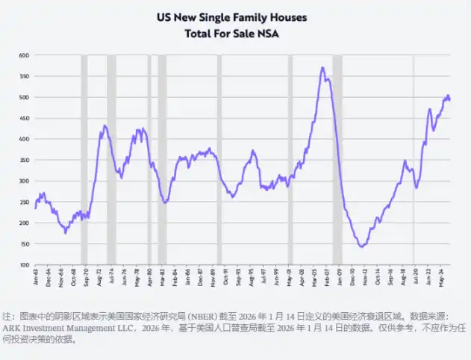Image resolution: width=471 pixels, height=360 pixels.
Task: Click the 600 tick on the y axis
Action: (x=23, y=55)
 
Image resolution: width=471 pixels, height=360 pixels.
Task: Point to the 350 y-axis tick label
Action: (x=23, y=160)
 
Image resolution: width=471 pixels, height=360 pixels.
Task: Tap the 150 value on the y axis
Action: (x=23, y=243)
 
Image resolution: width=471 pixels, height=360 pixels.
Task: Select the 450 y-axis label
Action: (x=23, y=118)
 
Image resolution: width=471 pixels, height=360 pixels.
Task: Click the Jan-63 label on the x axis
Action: (x=35, y=278)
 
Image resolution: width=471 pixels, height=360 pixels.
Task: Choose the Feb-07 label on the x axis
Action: (x=329, y=278)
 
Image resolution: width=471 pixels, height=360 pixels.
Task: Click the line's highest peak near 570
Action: (x=322, y=68)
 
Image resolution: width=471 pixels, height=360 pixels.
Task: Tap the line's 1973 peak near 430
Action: (x=105, y=125)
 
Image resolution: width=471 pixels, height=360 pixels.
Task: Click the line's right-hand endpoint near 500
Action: (x=449, y=99)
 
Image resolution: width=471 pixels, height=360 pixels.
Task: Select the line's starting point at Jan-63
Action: (x=35, y=208)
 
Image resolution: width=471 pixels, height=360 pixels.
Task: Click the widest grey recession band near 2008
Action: (x=337, y=160)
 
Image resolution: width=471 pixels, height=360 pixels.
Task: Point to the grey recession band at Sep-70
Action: (x=84, y=160)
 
